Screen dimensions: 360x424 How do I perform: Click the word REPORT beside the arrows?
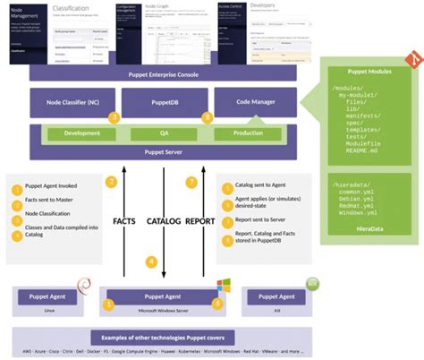coord(199,218)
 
